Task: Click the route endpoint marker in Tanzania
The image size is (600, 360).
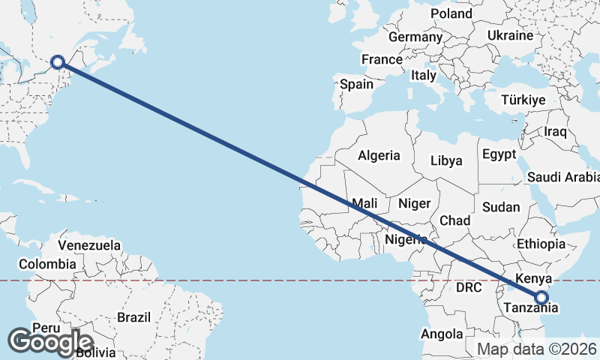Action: click(x=541, y=298)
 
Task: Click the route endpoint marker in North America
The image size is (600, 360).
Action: click(x=57, y=62)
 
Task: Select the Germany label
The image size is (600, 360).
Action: click(x=415, y=37)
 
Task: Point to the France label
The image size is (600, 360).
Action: click(x=382, y=59)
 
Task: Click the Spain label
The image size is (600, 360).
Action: click(x=356, y=84)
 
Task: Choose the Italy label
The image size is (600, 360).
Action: click(x=423, y=75)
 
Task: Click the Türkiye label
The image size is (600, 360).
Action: click(x=523, y=100)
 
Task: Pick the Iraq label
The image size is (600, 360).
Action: click(x=555, y=132)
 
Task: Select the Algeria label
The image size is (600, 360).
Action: click(x=379, y=156)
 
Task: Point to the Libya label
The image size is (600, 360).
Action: click(x=446, y=160)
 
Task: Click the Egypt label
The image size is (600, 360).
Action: click(x=499, y=154)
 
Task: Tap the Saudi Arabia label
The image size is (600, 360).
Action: click(x=563, y=178)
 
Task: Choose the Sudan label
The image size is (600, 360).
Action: click(x=496, y=206)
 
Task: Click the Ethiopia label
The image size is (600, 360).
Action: click(x=541, y=244)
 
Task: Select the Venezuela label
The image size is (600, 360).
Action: click(x=89, y=245)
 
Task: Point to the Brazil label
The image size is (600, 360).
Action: click(x=134, y=317)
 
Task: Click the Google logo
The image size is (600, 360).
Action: click(x=50, y=343)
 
